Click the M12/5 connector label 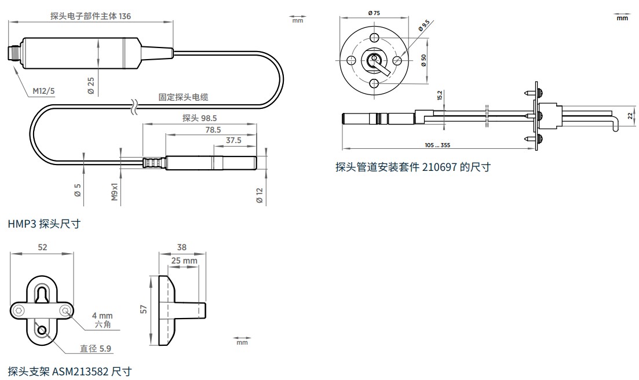43,91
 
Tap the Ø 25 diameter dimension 91,86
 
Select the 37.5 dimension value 233,140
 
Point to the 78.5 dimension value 213,130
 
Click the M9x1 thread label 115,191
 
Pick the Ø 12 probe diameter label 260,196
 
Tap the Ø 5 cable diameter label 78,190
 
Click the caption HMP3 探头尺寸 44,224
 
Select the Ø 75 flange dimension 374,13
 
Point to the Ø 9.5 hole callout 424,25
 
